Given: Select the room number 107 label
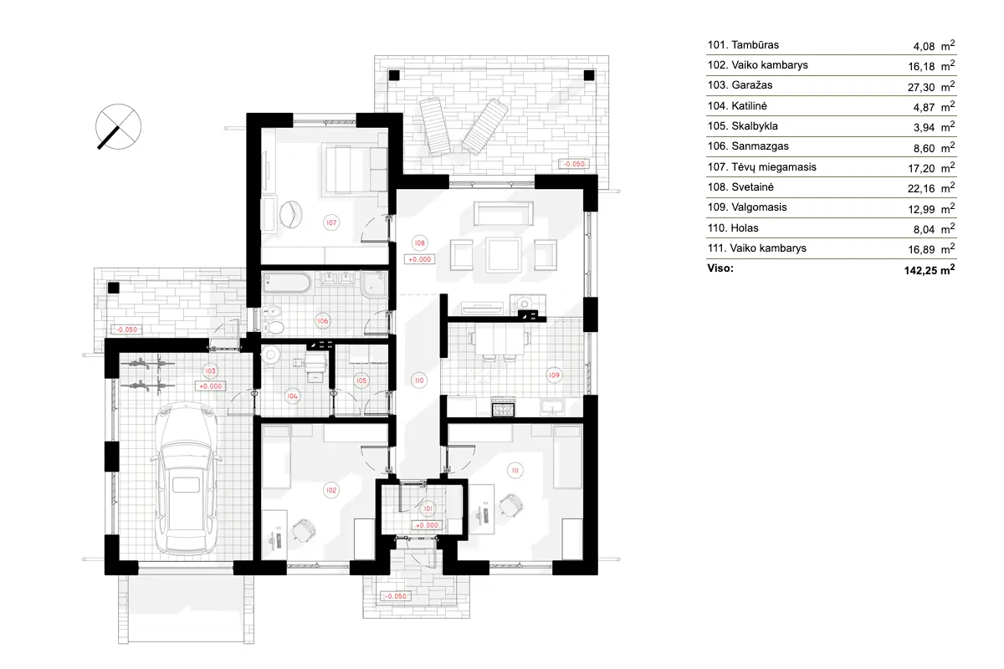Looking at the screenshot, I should tap(332, 222).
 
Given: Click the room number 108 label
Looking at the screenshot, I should tap(420, 244).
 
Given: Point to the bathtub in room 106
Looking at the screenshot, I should tap(286, 282).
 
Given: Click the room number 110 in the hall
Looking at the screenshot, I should tap(418, 380).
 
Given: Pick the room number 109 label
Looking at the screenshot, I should tap(554, 375).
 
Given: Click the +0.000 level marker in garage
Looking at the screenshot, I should tap(210, 386).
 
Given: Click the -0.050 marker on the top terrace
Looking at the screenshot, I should tap(575, 164).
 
